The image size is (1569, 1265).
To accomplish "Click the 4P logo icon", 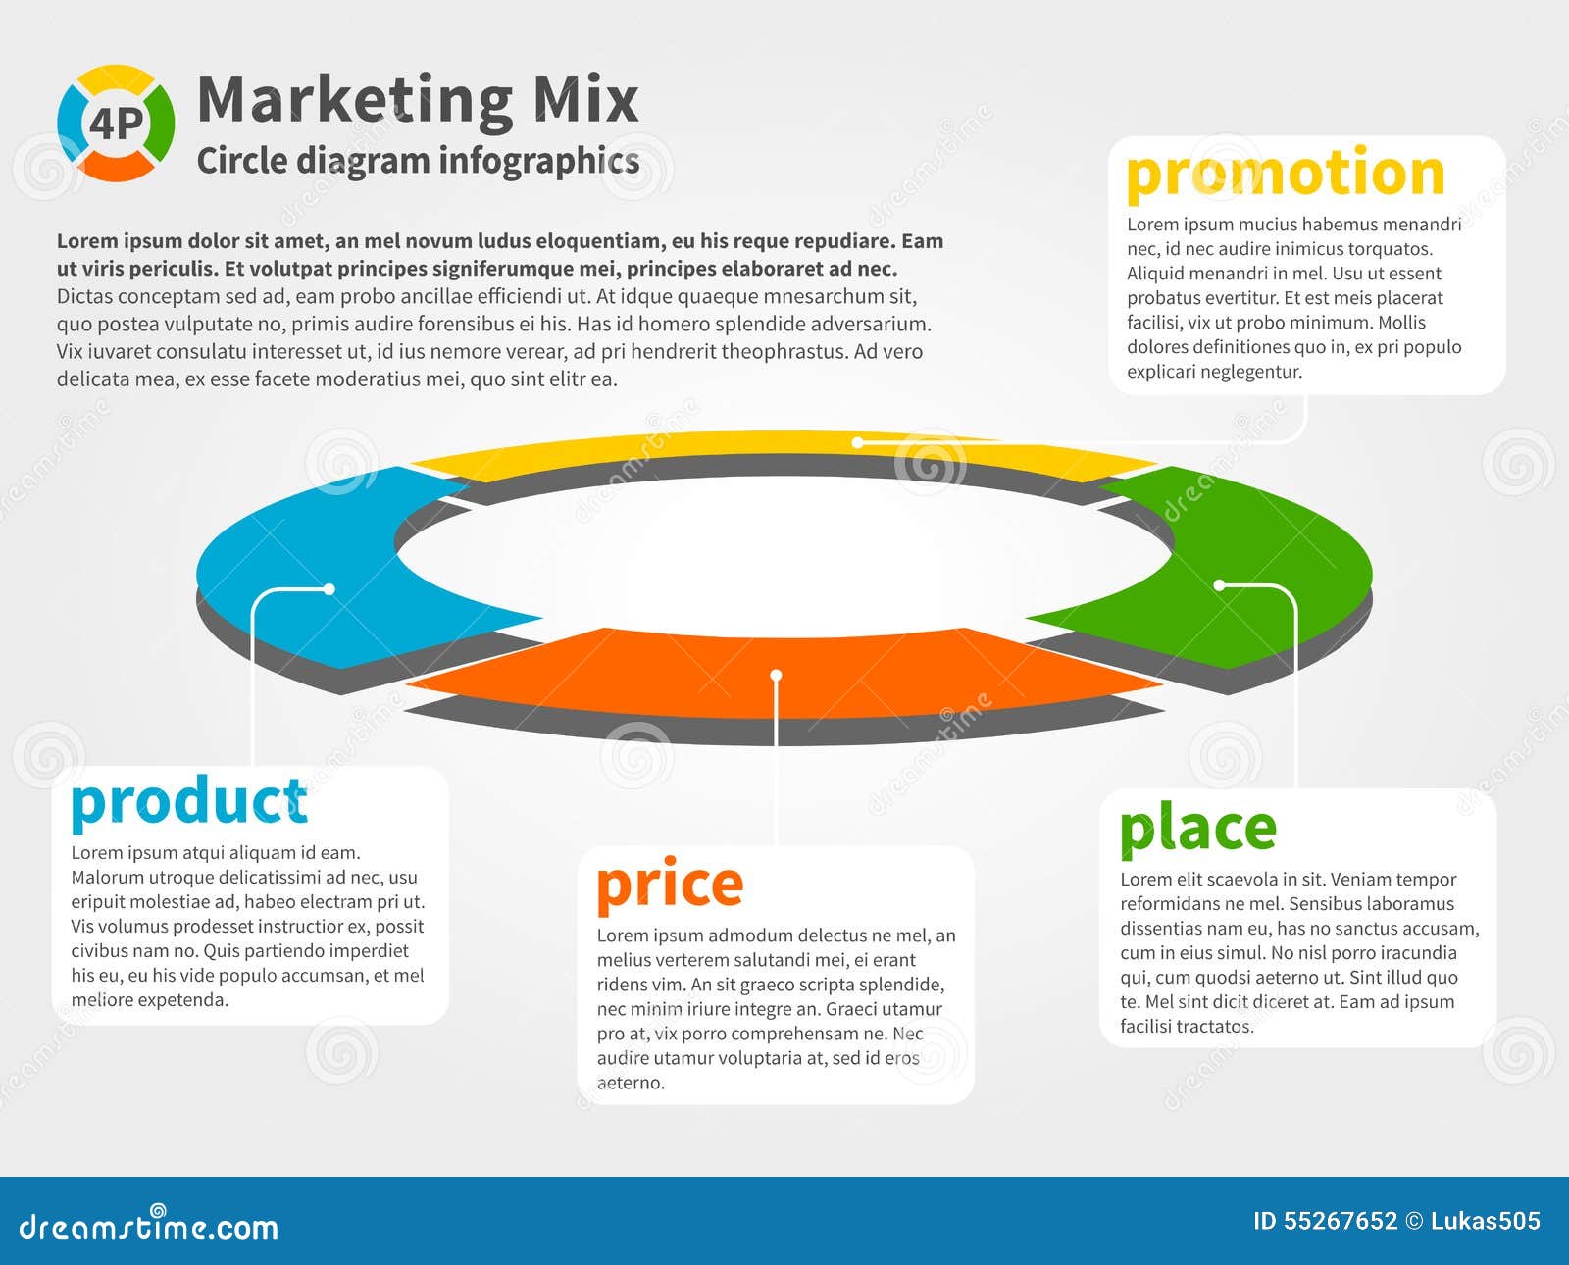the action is tap(116, 123).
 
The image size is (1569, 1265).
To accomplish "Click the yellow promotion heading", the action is tap(1286, 175).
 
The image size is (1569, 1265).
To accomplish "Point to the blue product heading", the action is tap(189, 803).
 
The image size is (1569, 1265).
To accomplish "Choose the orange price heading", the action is tap(670, 885).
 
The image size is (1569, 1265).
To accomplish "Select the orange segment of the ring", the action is tap(784, 675).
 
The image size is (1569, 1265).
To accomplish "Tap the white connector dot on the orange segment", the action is tap(776, 675).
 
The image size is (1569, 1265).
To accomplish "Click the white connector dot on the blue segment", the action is tap(329, 589).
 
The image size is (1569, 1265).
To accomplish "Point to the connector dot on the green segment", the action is tap(1219, 584).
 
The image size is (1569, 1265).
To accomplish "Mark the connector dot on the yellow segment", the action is tap(857, 442).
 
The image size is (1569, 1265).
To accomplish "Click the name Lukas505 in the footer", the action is tap(1486, 1221).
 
